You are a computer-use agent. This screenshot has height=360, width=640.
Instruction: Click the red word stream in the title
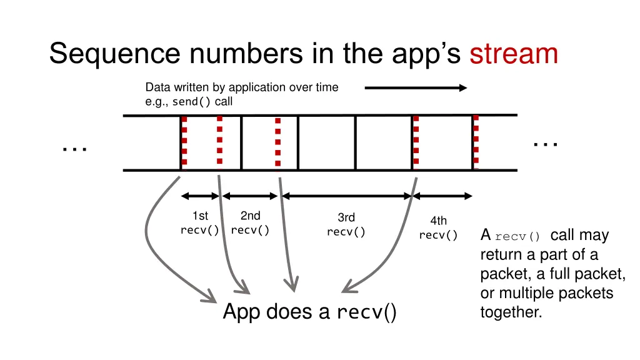click(x=514, y=54)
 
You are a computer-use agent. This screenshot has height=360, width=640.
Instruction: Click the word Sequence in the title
click(x=115, y=54)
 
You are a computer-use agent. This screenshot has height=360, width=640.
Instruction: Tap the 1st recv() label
click(x=200, y=223)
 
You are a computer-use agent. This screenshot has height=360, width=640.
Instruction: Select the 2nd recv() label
click(x=250, y=223)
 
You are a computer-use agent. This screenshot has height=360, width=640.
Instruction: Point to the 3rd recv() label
click(x=346, y=224)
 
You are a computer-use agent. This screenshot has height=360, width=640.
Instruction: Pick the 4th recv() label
click(x=438, y=227)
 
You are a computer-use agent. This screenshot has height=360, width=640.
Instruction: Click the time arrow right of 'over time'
click(x=416, y=87)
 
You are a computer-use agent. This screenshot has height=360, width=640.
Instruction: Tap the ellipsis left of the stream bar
click(x=75, y=149)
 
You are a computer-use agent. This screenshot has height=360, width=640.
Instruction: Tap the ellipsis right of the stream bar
click(x=546, y=144)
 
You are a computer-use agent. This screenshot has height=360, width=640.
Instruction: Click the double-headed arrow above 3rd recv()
click(x=346, y=196)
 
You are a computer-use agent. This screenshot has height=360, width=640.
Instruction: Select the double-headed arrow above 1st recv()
click(x=200, y=196)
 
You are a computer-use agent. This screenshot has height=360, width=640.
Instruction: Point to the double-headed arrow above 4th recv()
click(x=442, y=196)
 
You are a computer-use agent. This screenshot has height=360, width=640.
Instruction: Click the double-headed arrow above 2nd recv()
click(x=250, y=196)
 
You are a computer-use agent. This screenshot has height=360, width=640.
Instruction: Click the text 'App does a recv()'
click(x=310, y=312)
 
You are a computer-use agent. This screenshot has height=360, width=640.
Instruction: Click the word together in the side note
click(x=511, y=312)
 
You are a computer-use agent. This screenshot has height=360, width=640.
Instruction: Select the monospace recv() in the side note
click(x=517, y=236)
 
